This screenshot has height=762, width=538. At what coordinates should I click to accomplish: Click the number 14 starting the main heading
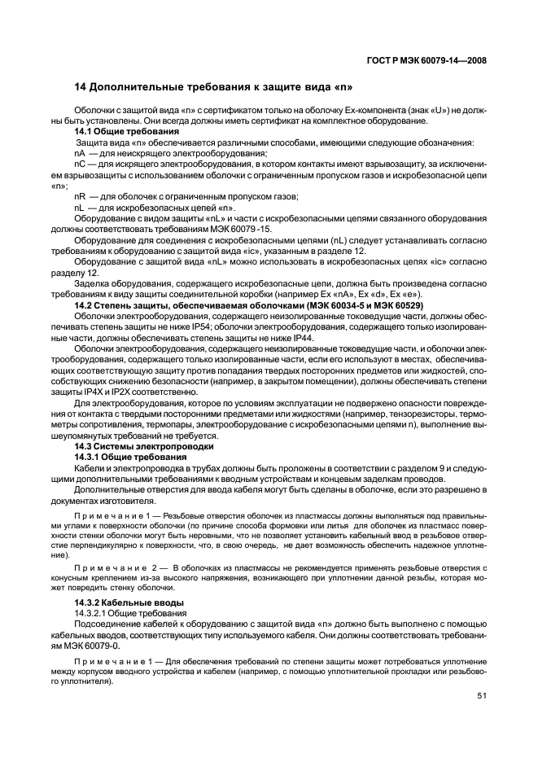pos(80,87)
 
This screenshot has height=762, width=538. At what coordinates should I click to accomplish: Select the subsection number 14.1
pos(85,131)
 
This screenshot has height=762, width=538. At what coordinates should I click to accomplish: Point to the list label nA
pos(80,153)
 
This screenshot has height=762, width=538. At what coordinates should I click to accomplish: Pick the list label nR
pos(80,196)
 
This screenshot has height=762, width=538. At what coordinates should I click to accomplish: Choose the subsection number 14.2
pos(85,304)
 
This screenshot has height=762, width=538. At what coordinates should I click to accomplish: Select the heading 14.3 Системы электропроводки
pos(144,447)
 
